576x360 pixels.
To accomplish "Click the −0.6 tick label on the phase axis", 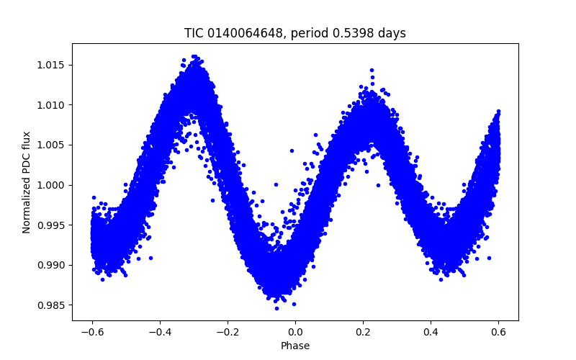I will coord(92,332).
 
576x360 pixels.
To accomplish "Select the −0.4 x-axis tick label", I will coord(160,332).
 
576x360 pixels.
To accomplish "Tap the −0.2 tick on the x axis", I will coord(228,332).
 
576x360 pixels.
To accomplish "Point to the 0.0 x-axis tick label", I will coord(295,332).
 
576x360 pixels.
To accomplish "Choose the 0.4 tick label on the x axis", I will coord(431,332).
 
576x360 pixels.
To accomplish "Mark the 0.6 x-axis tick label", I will coord(498,332).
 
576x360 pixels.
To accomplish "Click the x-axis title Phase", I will coord(295,346).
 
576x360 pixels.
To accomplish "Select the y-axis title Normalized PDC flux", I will coord(27,182).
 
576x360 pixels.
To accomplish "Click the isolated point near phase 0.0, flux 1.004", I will coord(292,150).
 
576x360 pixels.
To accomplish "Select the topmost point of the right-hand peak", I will coord(372,71).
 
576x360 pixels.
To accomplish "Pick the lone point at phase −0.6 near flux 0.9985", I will coord(94,197).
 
